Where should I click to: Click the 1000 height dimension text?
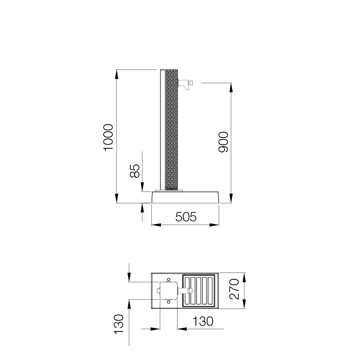(x=108, y=137)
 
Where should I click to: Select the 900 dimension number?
(x=223, y=142)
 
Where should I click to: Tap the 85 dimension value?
(x=135, y=171)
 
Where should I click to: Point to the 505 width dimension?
(x=186, y=217)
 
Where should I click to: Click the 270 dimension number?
(x=234, y=289)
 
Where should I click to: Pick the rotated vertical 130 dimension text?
(x=119, y=324)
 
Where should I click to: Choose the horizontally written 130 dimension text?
(x=203, y=321)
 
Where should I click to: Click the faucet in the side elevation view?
(x=185, y=84)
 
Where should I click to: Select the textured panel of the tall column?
(x=171, y=130)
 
